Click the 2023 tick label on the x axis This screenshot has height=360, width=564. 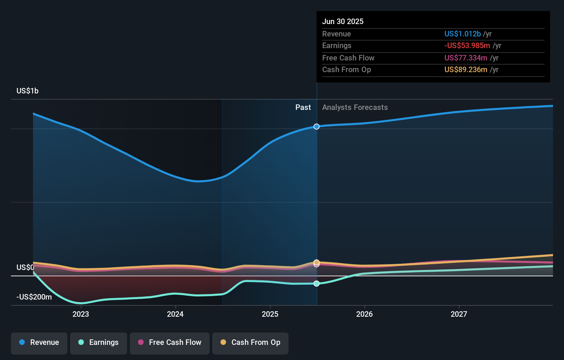coord(81,314)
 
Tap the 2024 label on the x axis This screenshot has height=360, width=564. coord(175,314)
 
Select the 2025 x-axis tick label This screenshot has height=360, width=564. coord(270,314)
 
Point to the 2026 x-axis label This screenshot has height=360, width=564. coord(364,314)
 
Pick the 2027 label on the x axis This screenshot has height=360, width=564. coord(459,314)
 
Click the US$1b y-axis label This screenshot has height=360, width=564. coord(27,91)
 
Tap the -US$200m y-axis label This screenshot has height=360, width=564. coord(34,297)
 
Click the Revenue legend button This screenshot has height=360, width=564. coord(39,342)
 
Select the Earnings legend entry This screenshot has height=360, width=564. coord(99,342)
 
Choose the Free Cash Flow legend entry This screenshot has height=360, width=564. coord(170,342)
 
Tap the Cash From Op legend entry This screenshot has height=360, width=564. coord(250,342)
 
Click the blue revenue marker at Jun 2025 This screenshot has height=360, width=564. coord(316,127)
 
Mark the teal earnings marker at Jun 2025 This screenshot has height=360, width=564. coord(316,283)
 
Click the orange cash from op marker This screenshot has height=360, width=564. coord(316,262)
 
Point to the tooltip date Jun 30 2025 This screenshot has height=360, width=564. coord(343,21)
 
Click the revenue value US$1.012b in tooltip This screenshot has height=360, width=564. coord(462,34)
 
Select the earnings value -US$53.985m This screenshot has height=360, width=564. coord(467,45)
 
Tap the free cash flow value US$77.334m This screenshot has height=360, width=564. coord(466,58)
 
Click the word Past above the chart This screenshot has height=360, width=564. coord(303,107)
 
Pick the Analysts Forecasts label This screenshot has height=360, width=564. coord(355,107)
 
